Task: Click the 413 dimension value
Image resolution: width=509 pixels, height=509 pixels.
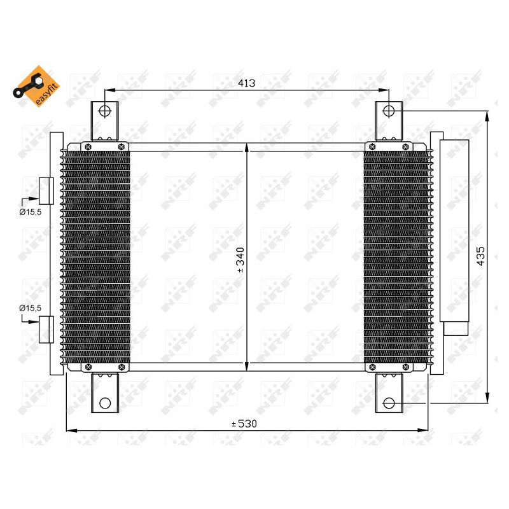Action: (246, 83)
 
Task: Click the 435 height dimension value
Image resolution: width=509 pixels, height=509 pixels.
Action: (481, 255)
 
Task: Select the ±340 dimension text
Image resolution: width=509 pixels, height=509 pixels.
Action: (241, 260)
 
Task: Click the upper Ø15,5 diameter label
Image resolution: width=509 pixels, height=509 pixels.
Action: (30, 212)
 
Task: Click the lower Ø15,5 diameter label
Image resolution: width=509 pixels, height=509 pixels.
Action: (30, 308)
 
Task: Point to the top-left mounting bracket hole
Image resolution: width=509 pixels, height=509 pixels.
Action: (105, 111)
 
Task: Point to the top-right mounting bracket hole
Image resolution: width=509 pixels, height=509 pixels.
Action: (388, 111)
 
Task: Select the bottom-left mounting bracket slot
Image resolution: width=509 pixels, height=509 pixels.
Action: (105, 403)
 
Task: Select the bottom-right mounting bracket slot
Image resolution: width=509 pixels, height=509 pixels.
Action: (388, 403)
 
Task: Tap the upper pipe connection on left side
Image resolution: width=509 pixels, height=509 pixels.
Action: (46, 190)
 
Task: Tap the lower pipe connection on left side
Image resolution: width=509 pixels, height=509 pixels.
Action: (46, 329)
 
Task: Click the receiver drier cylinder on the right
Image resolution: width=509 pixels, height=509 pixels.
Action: (454, 229)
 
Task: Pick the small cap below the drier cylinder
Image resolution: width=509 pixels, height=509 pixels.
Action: (455, 328)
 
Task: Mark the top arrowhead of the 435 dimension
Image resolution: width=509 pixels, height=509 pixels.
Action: (487, 115)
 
